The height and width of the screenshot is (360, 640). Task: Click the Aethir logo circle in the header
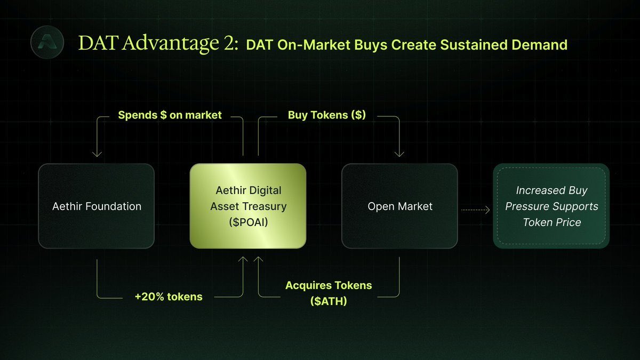point(47,42)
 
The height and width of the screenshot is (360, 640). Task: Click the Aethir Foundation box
point(97,206)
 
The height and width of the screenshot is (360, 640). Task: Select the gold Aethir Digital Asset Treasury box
point(248,206)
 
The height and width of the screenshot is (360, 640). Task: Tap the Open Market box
point(399,206)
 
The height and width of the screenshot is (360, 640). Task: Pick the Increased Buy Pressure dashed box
point(551,206)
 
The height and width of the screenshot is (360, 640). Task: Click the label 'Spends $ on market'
point(170,115)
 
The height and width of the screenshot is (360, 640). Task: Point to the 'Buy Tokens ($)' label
point(327,115)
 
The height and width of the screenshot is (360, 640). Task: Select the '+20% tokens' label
point(169,297)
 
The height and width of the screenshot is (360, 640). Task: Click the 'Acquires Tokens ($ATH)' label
point(329,293)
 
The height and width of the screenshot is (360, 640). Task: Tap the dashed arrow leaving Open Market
point(475,210)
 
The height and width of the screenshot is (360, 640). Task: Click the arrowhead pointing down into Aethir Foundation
point(97,154)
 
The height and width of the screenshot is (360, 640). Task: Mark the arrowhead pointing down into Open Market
point(399,154)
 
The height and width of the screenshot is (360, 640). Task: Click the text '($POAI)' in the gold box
point(249,222)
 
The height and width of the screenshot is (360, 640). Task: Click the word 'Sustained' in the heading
point(473,45)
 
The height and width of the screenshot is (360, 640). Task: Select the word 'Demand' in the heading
point(539,45)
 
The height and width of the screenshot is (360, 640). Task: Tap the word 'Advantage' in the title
point(171,43)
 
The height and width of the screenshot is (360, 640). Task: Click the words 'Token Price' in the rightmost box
point(552,222)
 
